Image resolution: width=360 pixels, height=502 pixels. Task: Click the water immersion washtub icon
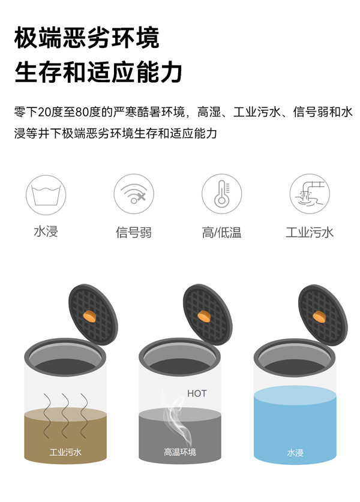coord(46,194)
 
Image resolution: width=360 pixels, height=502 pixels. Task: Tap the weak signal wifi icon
coord(134,194)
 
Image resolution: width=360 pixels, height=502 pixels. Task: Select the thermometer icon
coord(221,194)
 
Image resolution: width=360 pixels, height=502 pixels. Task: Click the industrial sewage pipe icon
coord(310,194)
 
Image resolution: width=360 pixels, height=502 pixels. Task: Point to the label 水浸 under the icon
coord(46,232)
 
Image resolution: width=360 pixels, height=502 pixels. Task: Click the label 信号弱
coord(134,232)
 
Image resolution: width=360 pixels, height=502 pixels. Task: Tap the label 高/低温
coord(221,232)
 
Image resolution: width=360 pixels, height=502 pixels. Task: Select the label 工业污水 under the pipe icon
coord(310,232)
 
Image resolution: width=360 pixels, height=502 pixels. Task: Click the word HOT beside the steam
coord(197,394)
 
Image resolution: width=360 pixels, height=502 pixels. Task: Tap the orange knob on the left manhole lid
coord(90,314)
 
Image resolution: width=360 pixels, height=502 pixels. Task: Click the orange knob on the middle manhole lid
coord(205,315)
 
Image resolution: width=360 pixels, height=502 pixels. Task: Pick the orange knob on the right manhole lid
coord(319,315)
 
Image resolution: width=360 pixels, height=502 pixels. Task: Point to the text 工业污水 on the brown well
coord(65,452)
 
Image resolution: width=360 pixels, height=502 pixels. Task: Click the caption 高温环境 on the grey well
coord(180,452)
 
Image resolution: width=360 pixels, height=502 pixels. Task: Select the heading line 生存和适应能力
coord(98,73)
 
